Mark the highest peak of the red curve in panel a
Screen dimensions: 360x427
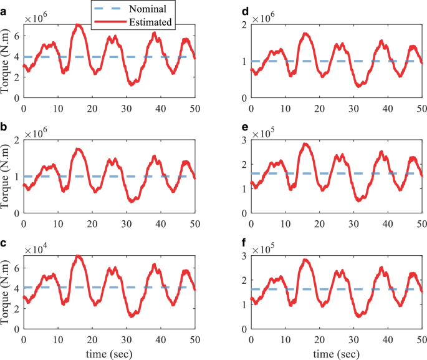pyautogui.click(x=77, y=25)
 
